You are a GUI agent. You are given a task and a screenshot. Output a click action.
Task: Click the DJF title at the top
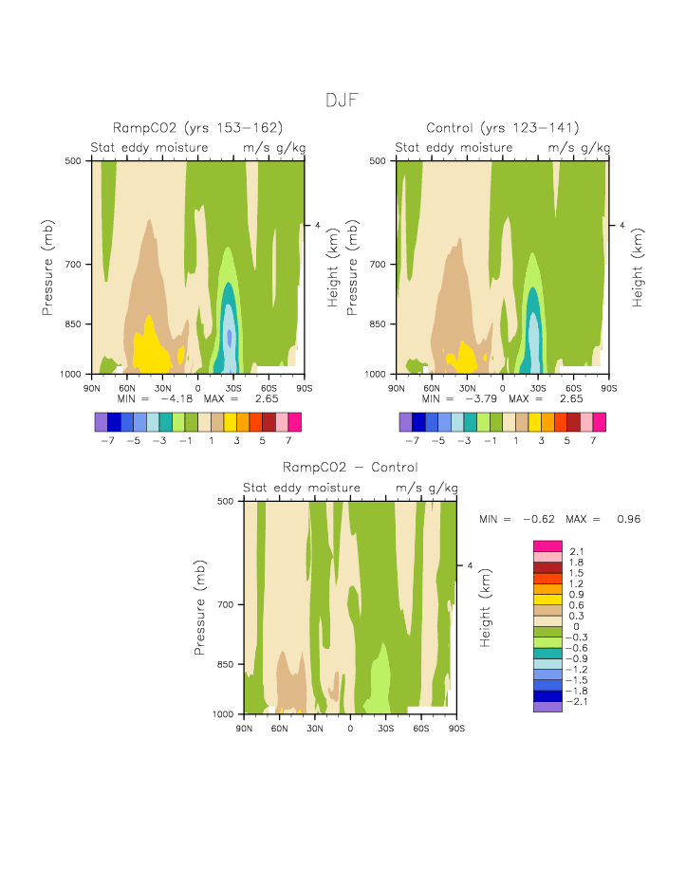[x=342, y=101]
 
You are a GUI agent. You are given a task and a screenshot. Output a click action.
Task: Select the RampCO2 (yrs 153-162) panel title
[x=197, y=128]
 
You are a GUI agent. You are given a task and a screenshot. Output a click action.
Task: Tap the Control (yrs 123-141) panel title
[x=502, y=128]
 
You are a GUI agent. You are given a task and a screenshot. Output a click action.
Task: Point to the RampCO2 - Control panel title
[x=350, y=468]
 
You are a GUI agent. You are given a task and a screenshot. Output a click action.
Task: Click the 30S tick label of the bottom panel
[x=386, y=728]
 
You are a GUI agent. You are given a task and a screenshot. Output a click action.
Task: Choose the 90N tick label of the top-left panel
[x=92, y=388]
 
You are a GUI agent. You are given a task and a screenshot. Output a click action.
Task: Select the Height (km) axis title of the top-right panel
[x=638, y=268]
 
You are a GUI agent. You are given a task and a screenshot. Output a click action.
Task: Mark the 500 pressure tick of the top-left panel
[x=76, y=161]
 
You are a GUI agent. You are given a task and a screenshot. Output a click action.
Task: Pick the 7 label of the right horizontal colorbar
[x=592, y=441]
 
